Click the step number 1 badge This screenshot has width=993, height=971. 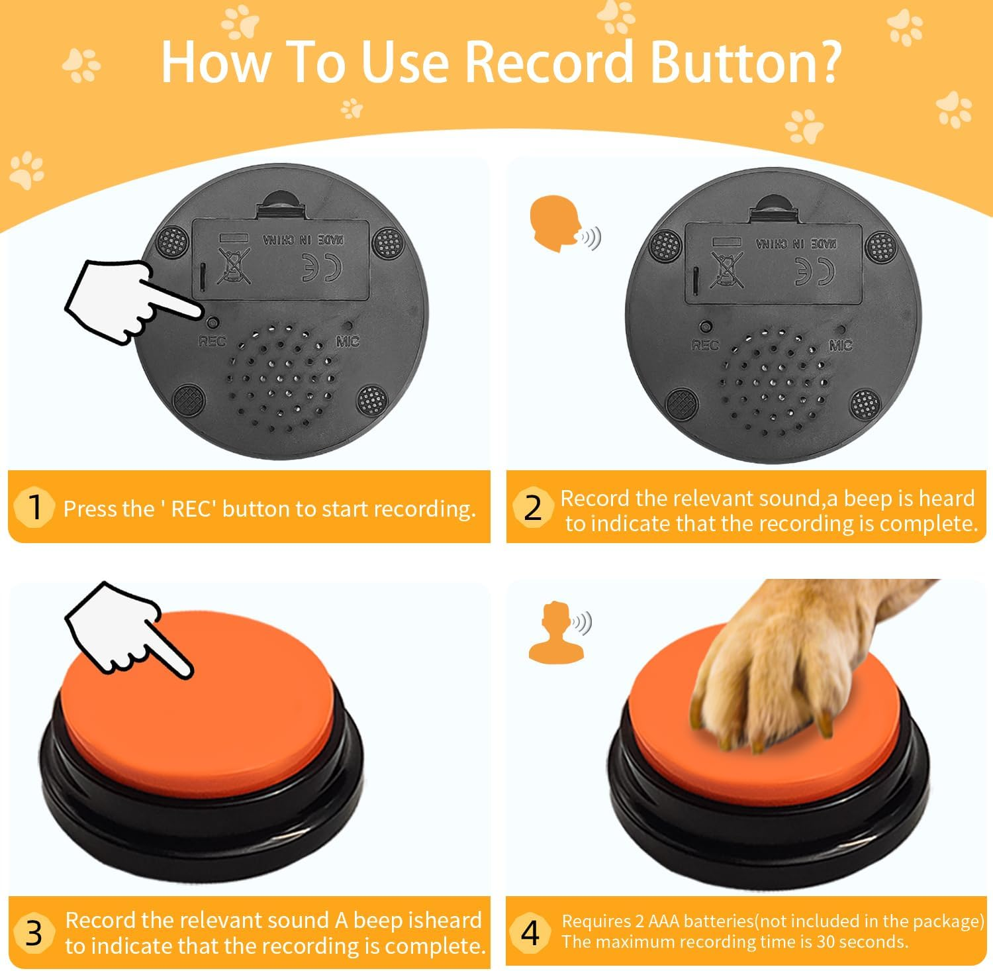[34, 507]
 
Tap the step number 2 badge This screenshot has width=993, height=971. [532, 508]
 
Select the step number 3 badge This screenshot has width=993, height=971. [34, 933]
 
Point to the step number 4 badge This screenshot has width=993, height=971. [531, 933]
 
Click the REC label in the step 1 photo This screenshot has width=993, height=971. [212, 341]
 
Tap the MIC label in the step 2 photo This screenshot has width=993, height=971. [840, 345]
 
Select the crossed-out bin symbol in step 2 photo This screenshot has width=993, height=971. [726, 270]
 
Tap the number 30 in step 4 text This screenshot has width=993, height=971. [826, 942]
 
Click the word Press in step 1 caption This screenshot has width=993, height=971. [89, 509]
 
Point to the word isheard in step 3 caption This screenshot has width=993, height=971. [445, 921]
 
